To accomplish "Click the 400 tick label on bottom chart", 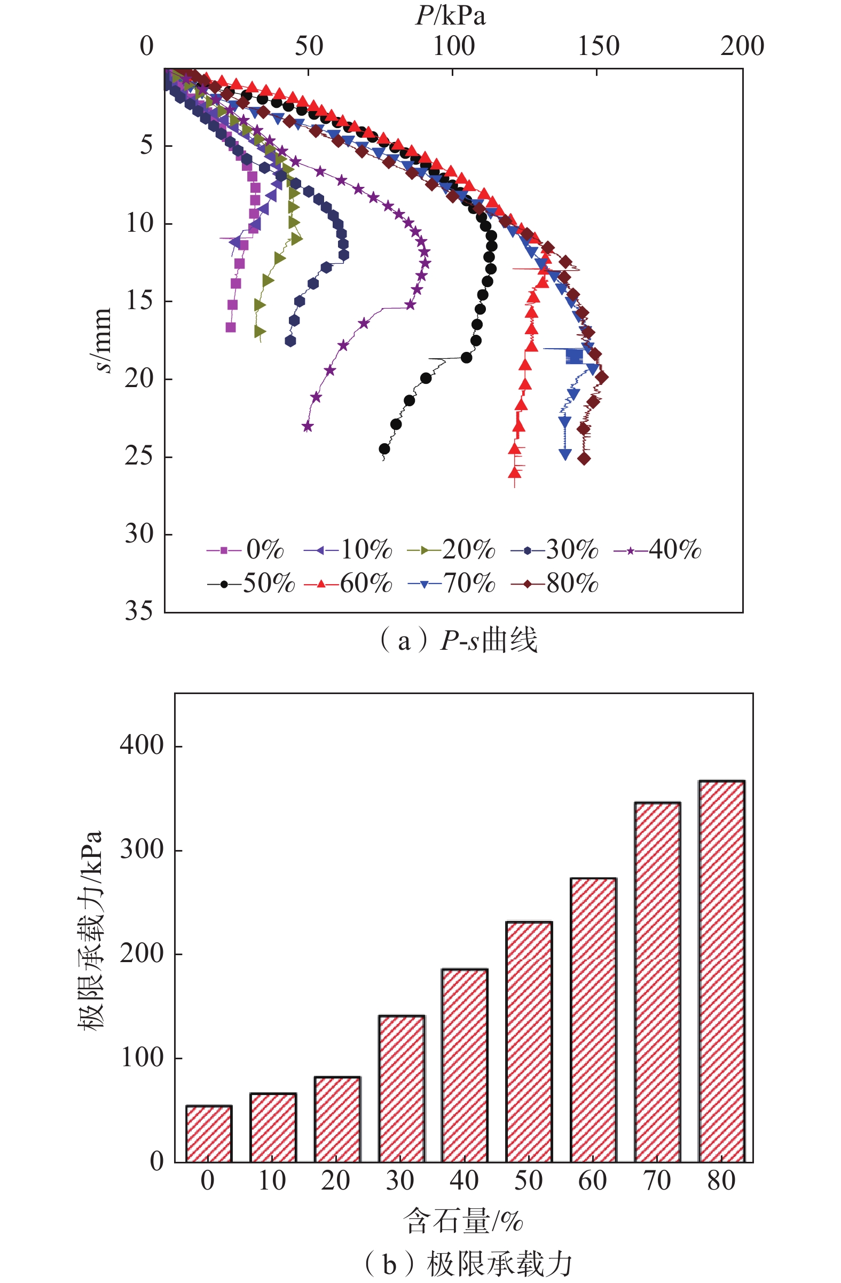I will (142, 745).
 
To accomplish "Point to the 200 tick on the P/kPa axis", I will (742, 46).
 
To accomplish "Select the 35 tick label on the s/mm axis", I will (139, 611).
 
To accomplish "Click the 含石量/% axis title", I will (463, 1222).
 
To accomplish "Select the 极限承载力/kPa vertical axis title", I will (90, 930).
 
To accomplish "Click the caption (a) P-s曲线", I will (458, 640).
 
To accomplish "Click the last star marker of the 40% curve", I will (307, 427).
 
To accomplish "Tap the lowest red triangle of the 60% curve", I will (515, 473).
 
